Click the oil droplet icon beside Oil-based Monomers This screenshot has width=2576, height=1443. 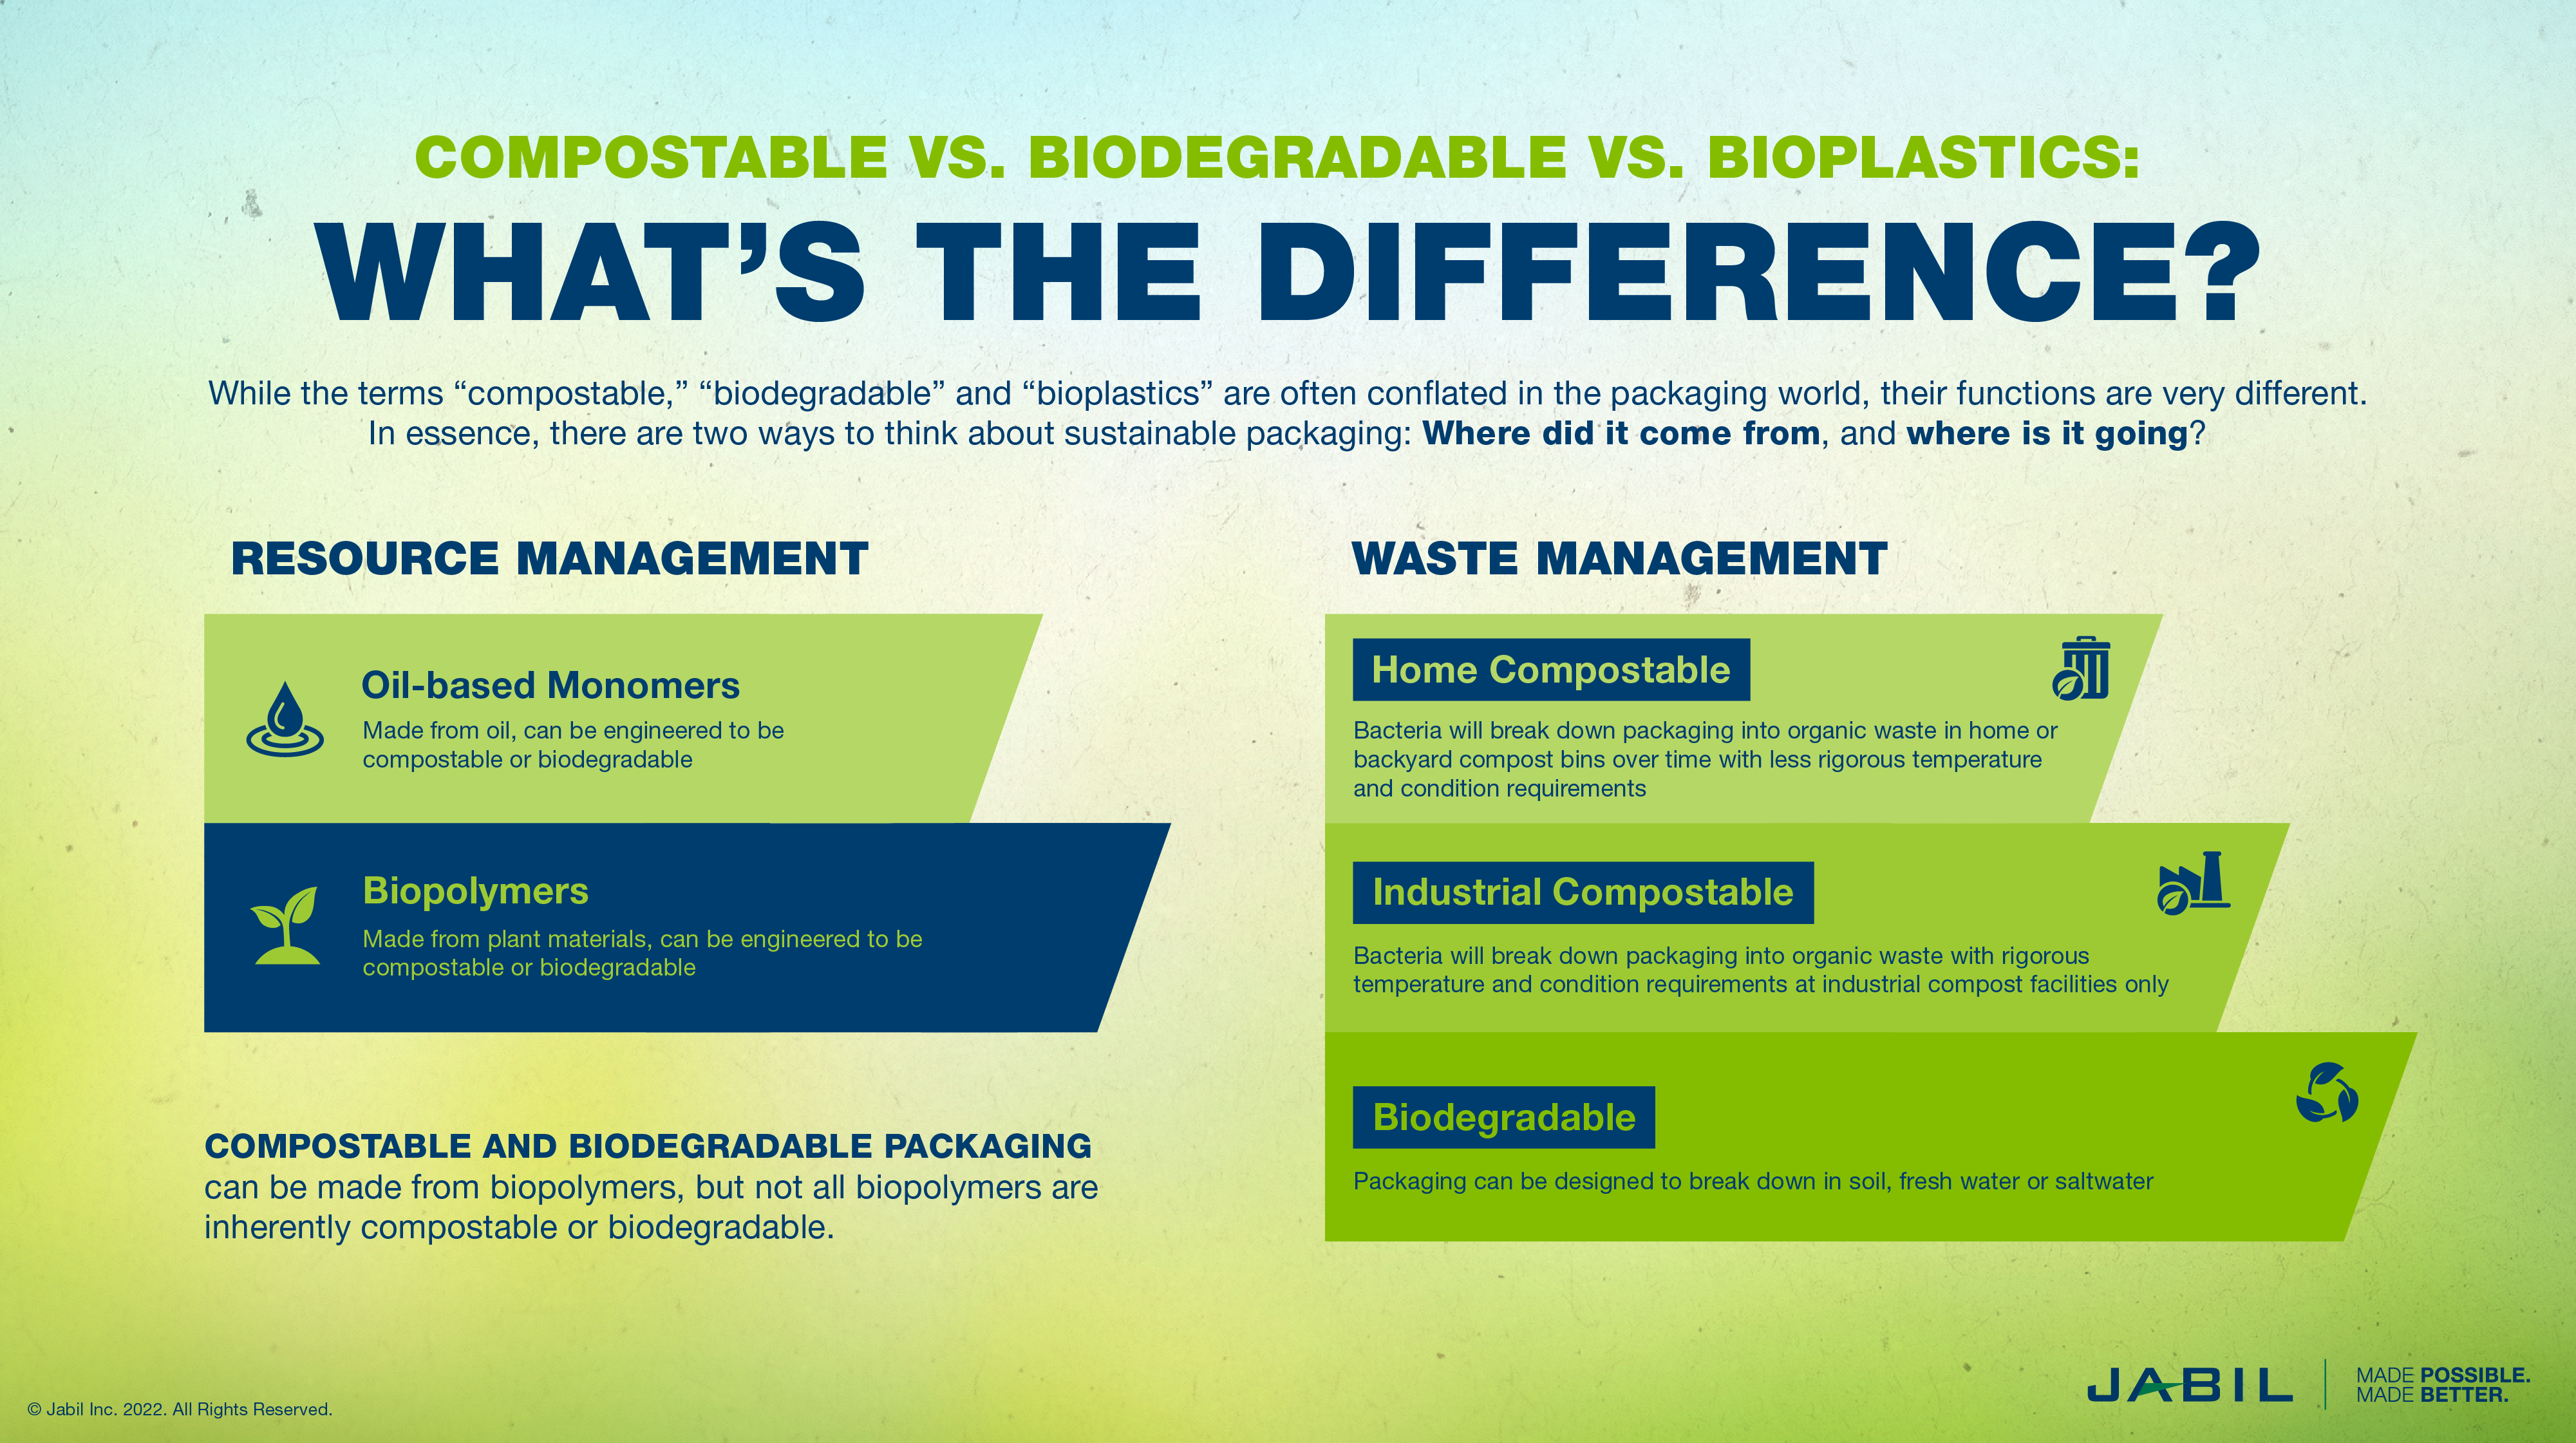point(285,719)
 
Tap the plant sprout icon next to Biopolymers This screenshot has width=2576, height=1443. point(286,925)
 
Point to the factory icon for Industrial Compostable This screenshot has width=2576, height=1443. point(2193,883)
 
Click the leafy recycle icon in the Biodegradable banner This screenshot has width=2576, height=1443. point(2326,1092)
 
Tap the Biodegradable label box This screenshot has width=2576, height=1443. point(1503,1117)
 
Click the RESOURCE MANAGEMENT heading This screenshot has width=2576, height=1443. point(549,559)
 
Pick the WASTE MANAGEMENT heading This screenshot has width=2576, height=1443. point(1619,559)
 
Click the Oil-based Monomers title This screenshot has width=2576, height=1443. point(550,686)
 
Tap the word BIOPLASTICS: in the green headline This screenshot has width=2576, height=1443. point(1923,157)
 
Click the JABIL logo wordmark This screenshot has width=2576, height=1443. point(2189,1386)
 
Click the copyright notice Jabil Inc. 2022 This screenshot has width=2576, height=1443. point(180,1409)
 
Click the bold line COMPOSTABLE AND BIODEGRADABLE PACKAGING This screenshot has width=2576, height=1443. point(647,1146)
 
